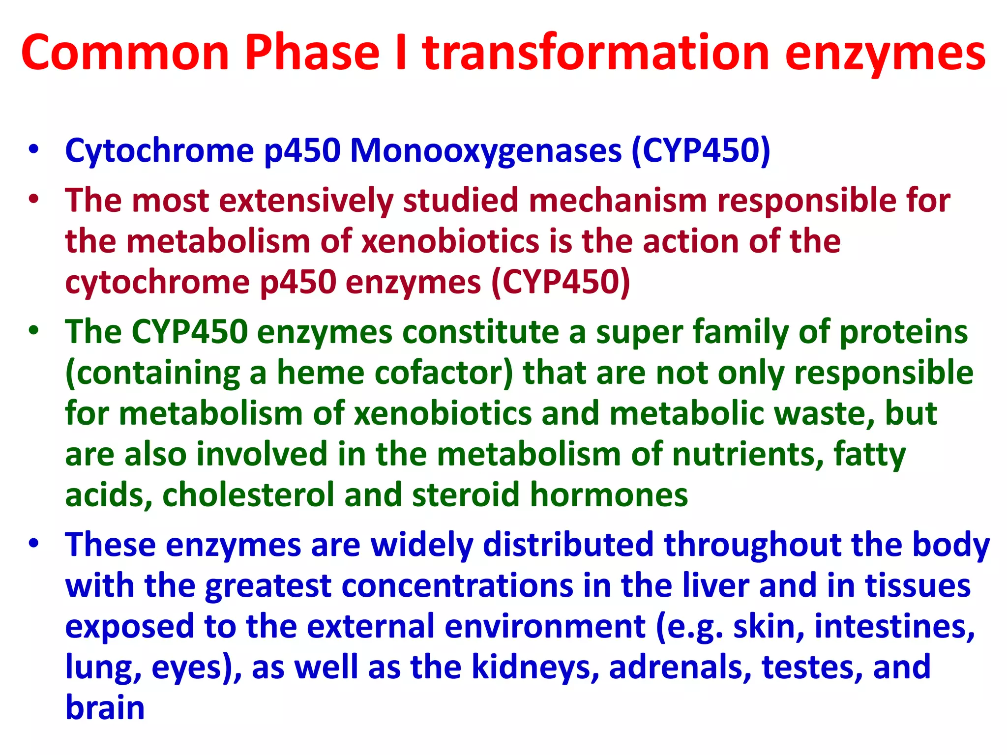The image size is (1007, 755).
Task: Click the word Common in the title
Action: tap(125, 53)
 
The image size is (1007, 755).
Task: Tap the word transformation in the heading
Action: tap(595, 53)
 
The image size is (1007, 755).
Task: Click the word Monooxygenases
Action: tap(485, 150)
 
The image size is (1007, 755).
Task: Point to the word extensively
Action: tap(306, 201)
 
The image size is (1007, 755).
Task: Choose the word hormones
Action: tap(609, 494)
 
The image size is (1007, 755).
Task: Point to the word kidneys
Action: tap(535, 667)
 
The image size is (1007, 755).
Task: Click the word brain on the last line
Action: tap(105, 708)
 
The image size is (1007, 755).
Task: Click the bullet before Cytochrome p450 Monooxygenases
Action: tap(33, 149)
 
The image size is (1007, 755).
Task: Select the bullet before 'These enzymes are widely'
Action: tap(33, 545)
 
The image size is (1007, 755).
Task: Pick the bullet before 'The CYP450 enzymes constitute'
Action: tap(33, 331)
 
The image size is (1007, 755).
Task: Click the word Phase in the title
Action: tap(312, 53)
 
